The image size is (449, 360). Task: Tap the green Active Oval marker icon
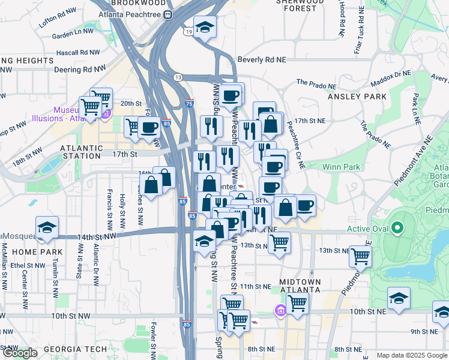396,228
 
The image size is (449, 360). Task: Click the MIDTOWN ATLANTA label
300,286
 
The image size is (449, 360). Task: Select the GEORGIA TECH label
76,349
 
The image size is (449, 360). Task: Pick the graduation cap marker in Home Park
47,227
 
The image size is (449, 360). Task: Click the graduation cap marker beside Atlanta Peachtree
205,27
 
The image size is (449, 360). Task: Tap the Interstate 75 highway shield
189,104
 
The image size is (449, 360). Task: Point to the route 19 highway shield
188,31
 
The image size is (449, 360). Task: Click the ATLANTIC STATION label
80,152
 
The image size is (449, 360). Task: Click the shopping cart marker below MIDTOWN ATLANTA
297,304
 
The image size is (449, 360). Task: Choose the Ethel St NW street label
25,265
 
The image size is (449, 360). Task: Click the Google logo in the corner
20,353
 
